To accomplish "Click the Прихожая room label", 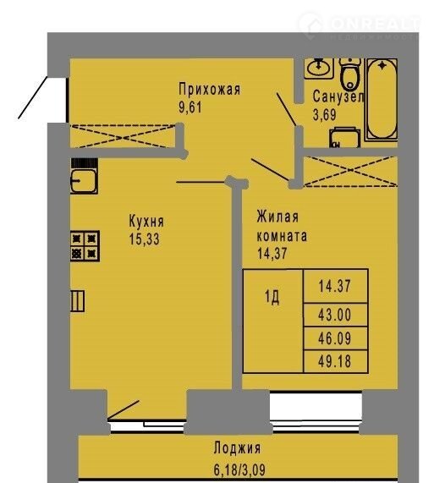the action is tap(209, 90).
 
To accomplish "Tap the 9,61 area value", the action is tap(190, 107).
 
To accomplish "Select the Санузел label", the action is tap(338, 96).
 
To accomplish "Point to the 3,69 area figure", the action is tap(324, 115).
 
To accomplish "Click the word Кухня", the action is tap(146, 221).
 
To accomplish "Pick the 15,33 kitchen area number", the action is tap(145, 239).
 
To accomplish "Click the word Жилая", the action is tap(277, 217).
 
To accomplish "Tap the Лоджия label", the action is tap(237, 448).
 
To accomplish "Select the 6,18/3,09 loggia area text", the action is tap(239, 469).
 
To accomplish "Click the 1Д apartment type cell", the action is tap(272, 297).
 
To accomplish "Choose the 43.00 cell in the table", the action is tap(335, 316).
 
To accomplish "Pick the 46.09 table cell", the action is tap(335, 338).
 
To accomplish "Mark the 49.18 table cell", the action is tap(335, 361).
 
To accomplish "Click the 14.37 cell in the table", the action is tap(335, 286).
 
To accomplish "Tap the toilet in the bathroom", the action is tap(350, 74).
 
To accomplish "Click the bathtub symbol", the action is tap(382, 100).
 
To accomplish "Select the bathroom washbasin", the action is tap(319, 68).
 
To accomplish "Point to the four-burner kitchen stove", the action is tap(85, 246).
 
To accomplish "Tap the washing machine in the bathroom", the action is tap(344, 138).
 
